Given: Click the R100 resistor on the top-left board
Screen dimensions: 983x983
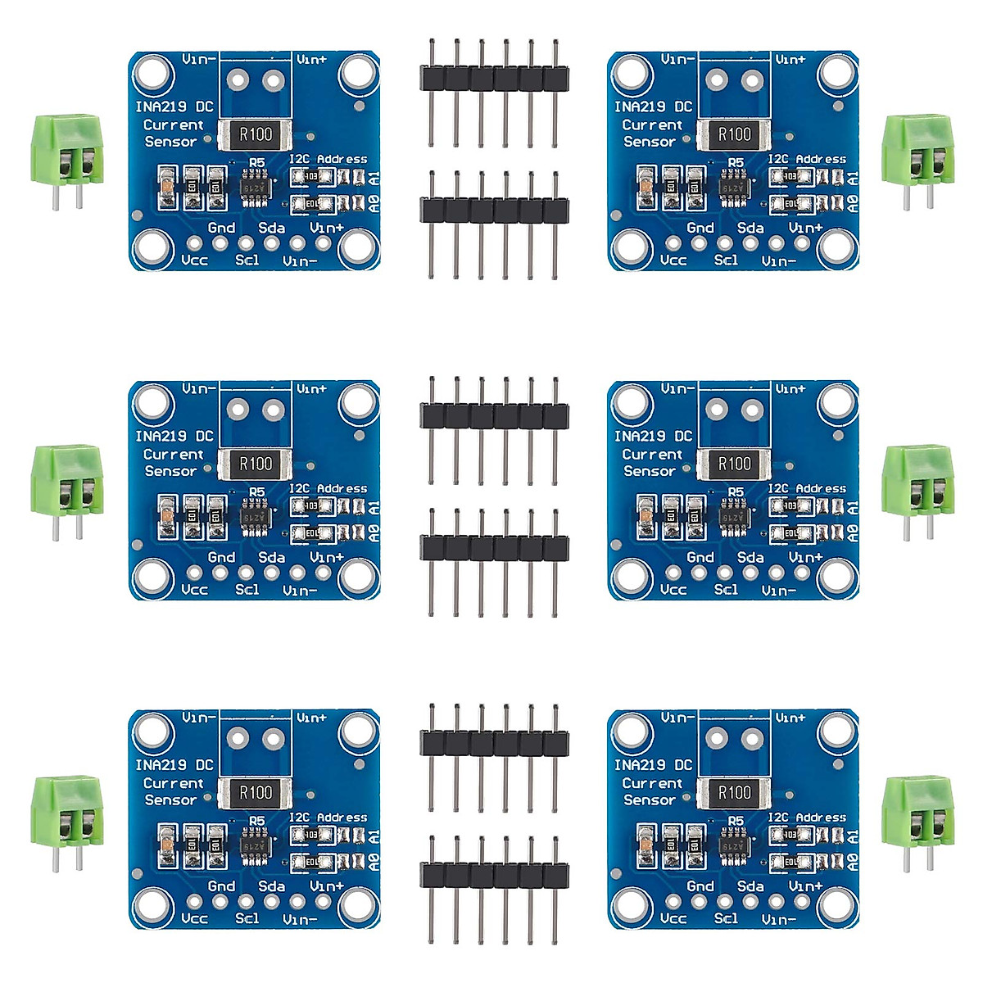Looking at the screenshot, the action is pyautogui.click(x=255, y=134).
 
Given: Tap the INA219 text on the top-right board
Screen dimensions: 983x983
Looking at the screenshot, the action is pyautogui.click(x=640, y=106).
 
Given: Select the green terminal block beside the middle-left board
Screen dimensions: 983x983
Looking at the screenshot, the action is pyautogui.click(x=67, y=482).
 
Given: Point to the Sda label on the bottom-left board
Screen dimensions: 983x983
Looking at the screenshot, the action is pyautogui.click(x=271, y=886).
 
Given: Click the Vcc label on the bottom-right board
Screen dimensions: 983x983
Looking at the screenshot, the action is pyautogui.click(x=673, y=918).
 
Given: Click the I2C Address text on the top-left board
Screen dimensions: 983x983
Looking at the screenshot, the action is pyautogui.click(x=328, y=159).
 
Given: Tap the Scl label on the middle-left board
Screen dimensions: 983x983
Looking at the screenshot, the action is pyautogui.click(x=247, y=589).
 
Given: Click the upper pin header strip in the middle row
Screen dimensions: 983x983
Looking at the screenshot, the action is pyautogui.click(x=494, y=415).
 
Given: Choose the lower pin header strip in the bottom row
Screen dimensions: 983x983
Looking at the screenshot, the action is pyautogui.click(x=494, y=874).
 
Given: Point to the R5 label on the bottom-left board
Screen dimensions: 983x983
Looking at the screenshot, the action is pyautogui.click(x=257, y=820).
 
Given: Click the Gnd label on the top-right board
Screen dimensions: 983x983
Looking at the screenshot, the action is pyautogui.click(x=700, y=228).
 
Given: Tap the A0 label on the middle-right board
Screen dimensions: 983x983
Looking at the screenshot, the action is pyautogui.click(x=854, y=533).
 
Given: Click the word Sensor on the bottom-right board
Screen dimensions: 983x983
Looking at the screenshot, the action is pyautogui.click(x=650, y=800).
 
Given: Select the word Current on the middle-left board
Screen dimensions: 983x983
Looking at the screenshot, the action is pyautogui.click(x=173, y=455).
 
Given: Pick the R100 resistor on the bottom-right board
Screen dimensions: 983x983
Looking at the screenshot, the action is pyautogui.click(x=734, y=793).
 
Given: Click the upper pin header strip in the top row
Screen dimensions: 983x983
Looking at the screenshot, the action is pyautogui.click(x=494, y=79).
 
